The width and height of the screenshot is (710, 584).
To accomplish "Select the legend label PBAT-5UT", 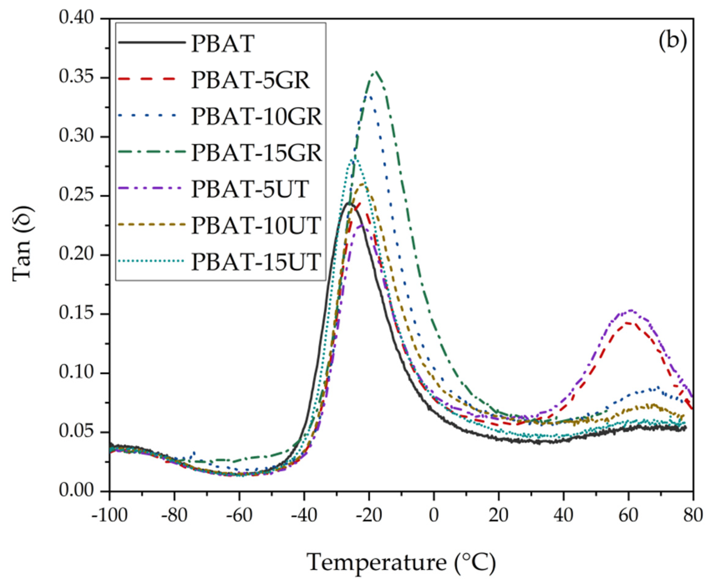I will [250, 189].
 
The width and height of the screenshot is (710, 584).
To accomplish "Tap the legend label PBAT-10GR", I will [257, 116].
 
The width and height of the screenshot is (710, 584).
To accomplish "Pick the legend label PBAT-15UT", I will [256, 262].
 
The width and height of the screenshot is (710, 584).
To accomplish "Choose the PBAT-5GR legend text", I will [250, 80].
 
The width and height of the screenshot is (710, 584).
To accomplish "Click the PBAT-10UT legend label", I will [256, 226].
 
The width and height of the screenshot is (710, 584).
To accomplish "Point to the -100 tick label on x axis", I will [110, 515].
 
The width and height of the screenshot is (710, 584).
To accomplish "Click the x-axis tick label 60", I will [628, 515].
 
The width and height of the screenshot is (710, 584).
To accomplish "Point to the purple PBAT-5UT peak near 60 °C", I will [630, 310].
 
